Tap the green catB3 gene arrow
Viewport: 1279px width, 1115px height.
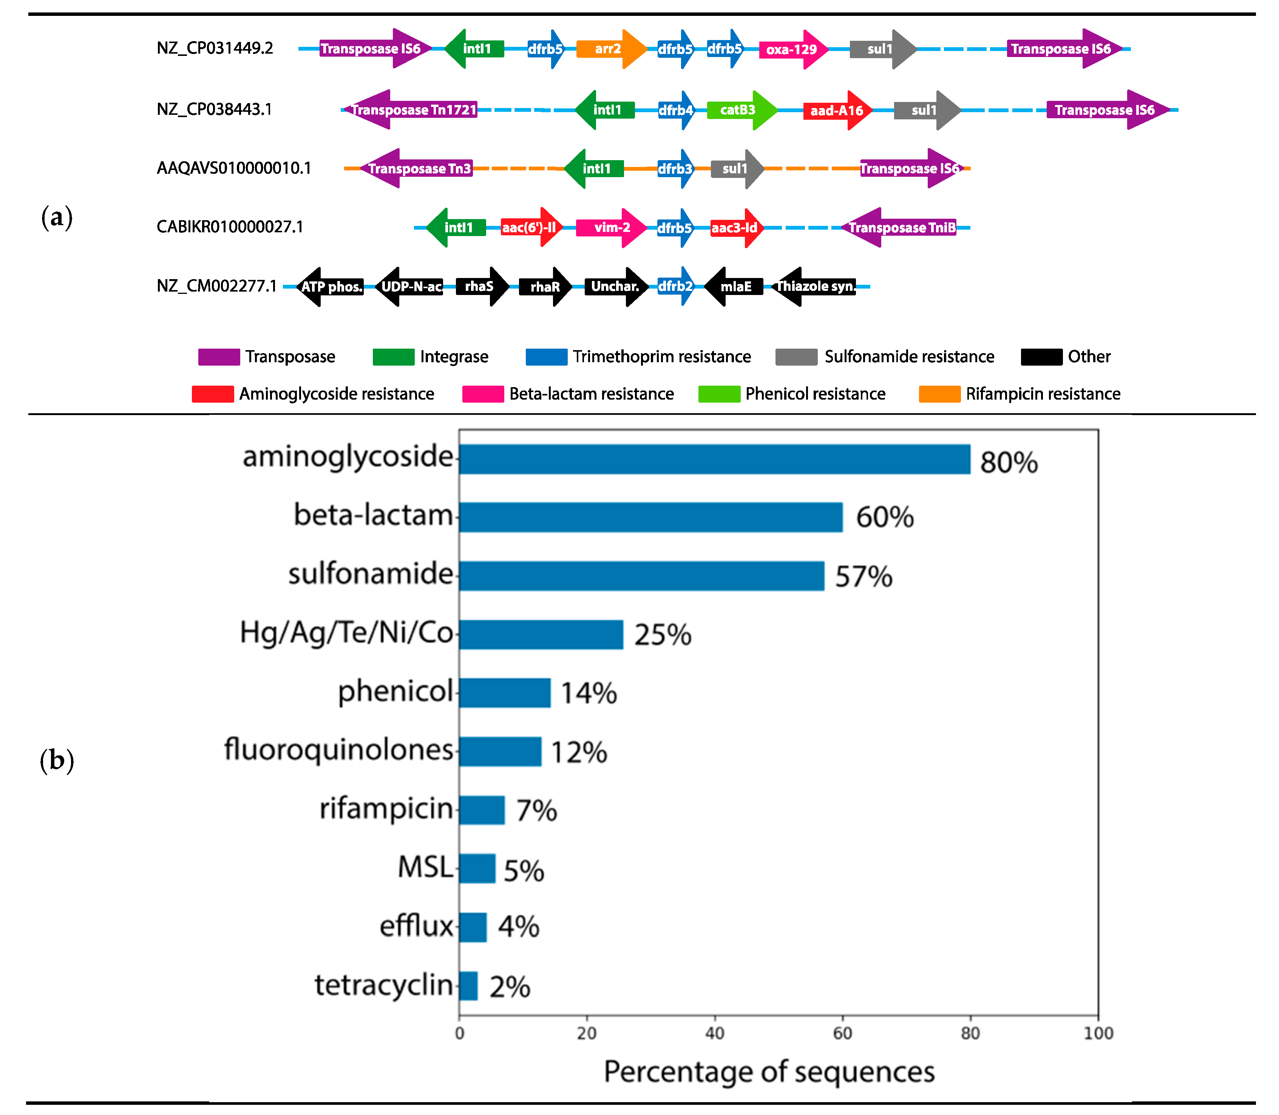[x=741, y=110]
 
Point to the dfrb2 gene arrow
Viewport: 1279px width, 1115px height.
[x=676, y=286]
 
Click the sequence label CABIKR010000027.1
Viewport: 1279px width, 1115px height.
[x=230, y=227]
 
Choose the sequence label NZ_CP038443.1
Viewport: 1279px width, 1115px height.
[x=214, y=110]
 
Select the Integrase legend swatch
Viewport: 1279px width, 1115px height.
[x=393, y=357]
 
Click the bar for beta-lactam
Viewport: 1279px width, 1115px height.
[x=650, y=517]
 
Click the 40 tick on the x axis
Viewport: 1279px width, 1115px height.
[x=714, y=1033]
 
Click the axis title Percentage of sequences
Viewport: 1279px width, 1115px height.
[x=769, y=1072]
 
